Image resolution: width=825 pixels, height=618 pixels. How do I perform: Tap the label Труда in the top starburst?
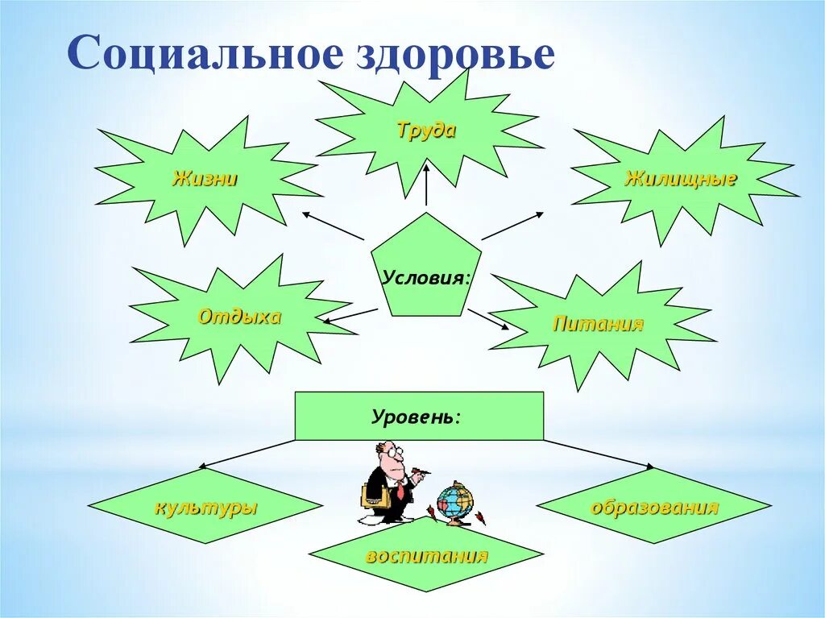[426, 131]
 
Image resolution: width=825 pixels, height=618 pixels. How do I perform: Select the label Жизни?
[205, 179]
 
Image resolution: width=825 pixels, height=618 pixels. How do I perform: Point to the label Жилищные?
[681, 179]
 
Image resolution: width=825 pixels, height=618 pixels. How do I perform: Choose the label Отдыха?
[239, 317]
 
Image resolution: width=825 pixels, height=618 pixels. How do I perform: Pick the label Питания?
[598, 325]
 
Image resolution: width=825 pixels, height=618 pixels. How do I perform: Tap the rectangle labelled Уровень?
[418, 416]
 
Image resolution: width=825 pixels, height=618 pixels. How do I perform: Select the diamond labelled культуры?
[205, 508]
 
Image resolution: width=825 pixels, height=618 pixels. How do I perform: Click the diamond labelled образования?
[654, 508]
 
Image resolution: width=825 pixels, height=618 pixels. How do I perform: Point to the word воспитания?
[426, 556]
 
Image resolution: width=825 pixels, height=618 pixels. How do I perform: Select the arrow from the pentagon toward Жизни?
[333, 226]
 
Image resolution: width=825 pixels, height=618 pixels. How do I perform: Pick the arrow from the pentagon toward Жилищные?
[513, 226]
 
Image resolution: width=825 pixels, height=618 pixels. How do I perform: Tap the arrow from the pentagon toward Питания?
[488, 319]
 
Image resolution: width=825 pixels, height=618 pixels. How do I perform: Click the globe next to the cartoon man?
[455, 501]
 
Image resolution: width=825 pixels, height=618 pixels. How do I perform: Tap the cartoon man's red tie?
[400, 489]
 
